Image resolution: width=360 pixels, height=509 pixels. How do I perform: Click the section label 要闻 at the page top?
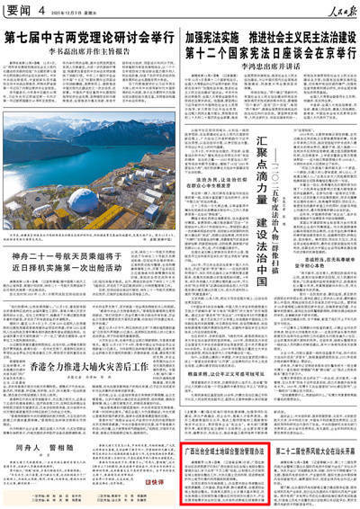point(18,10)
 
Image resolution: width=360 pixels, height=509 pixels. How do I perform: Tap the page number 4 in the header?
point(41,10)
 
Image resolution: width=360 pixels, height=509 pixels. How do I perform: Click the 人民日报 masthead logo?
point(336,10)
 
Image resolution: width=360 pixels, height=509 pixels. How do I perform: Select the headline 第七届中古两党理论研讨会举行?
point(89,39)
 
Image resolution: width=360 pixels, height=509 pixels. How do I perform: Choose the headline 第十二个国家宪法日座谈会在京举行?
point(269,53)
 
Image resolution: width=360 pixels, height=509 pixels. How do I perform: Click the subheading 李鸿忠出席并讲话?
point(269,67)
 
